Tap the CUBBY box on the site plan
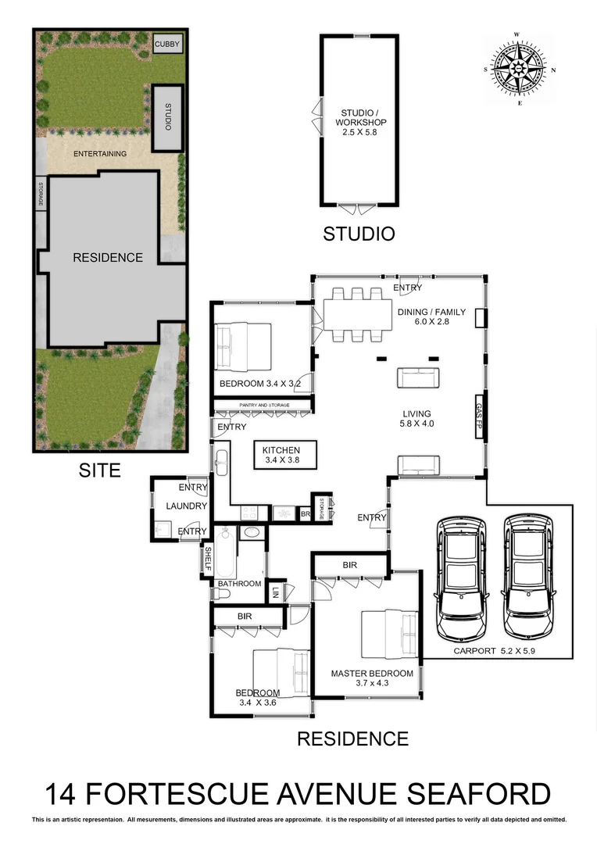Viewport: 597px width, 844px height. point(167,44)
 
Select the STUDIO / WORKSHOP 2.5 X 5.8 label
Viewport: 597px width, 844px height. point(360,123)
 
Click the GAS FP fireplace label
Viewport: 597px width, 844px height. point(479,417)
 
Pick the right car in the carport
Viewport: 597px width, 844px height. point(527,576)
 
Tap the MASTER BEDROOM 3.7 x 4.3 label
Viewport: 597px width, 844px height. point(371,678)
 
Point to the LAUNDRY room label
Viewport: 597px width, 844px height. point(186,506)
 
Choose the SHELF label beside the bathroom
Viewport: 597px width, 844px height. point(208,560)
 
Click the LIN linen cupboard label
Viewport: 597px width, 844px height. point(276,593)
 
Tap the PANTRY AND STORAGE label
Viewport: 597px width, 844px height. point(264,405)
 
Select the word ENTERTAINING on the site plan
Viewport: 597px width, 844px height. point(99,154)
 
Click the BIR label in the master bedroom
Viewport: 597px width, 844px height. point(349,564)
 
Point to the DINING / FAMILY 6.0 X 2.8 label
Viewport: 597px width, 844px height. point(431,316)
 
